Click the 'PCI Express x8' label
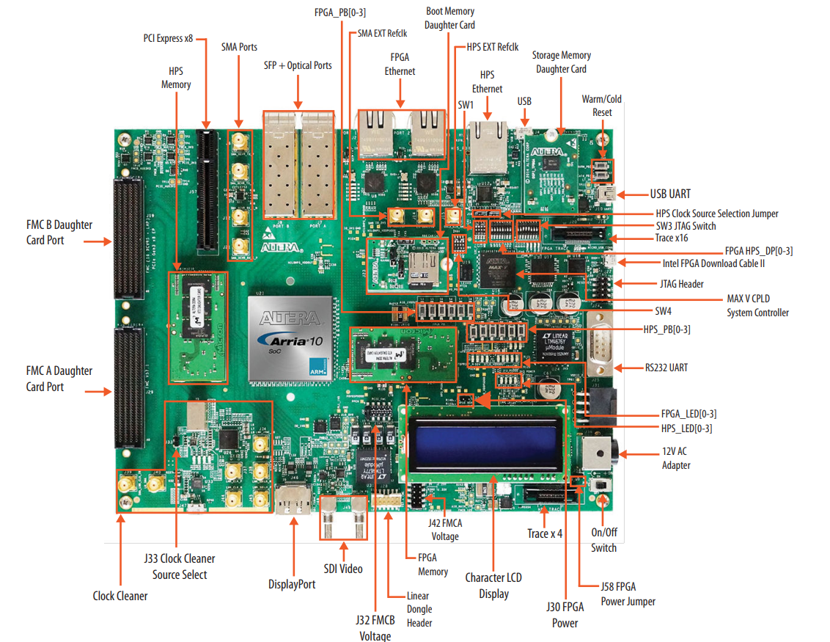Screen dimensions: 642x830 click(168, 37)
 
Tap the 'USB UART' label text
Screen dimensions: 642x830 click(670, 194)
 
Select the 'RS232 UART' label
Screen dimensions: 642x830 click(666, 367)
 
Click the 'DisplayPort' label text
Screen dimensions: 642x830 click(292, 584)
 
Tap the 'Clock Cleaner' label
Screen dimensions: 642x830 click(120, 596)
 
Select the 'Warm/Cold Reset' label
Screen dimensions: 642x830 click(602, 106)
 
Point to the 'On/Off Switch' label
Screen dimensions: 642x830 click(603, 540)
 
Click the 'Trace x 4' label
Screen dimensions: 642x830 click(545, 533)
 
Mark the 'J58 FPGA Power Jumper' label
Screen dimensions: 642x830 click(628, 594)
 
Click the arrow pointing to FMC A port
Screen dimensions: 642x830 click(97, 392)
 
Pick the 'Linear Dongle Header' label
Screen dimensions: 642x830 click(419, 609)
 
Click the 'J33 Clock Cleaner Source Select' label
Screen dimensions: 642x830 click(180, 566)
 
